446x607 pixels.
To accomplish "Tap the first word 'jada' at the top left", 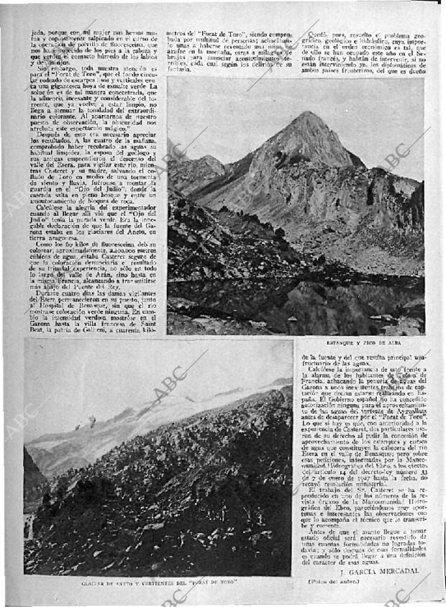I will pyautogui.click(x=37, y=34).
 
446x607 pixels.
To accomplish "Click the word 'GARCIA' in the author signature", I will pyautogui.click(x=362, y=571).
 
